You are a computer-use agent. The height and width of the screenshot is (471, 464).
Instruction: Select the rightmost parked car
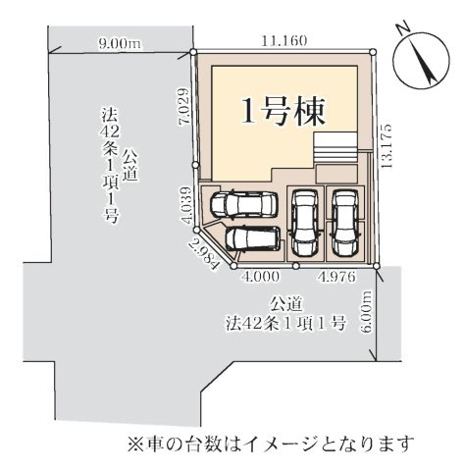tap(343, 220)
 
